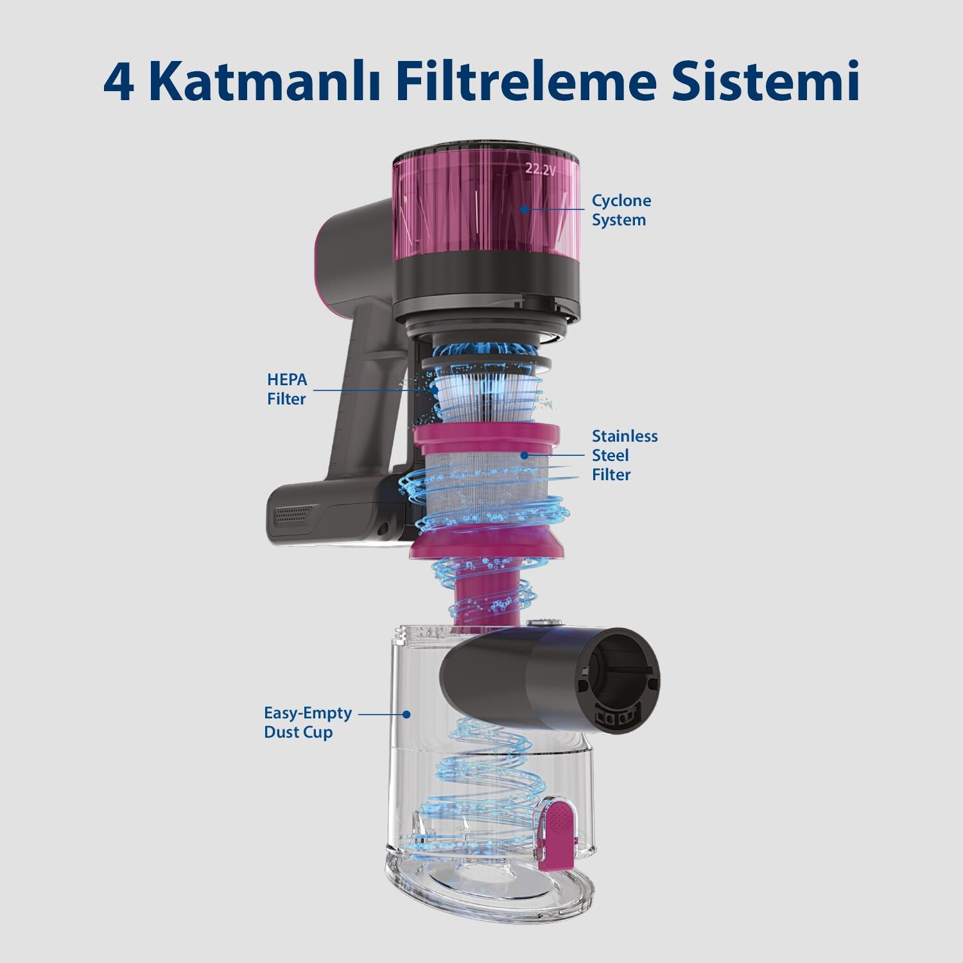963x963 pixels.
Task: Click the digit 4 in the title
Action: click(x=119, y=82)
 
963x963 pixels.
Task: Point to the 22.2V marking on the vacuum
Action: click(x=540, y=169)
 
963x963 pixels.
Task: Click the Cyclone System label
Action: click(x=621, y=210)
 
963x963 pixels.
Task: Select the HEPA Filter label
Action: click(x=287, y=389)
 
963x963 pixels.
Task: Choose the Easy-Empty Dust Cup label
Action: click(x=308, y=722)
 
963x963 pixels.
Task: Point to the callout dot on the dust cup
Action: click(x=406, y=713)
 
